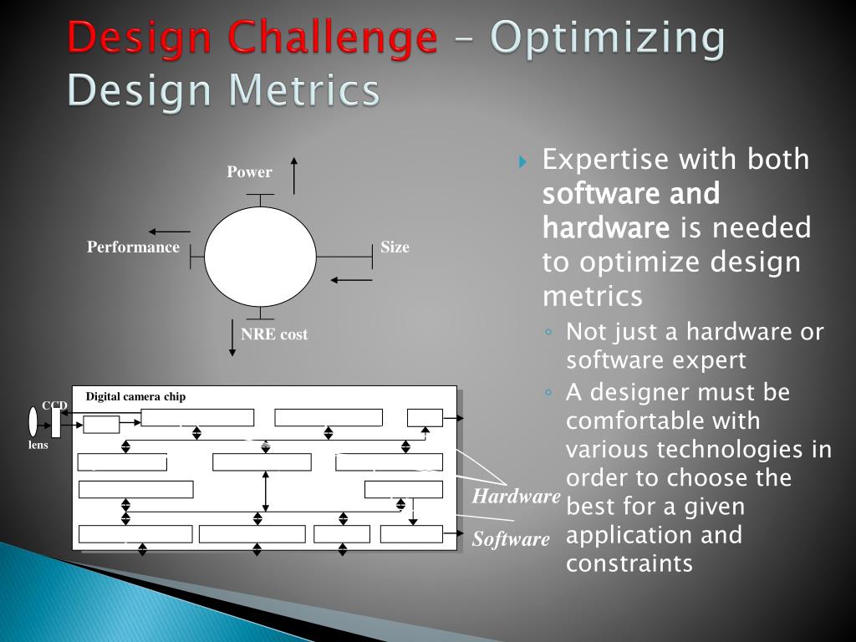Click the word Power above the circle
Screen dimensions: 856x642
pyautogui.click(x=249, y=172)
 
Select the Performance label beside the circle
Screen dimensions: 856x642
pyautogui.click(x=133, y=247)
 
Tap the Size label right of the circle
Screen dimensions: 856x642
pyautogui.click(x=395, y=247)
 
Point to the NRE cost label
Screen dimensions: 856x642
pyautogui.click(x=274, y=334)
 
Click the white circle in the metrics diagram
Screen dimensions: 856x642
pyautogui.click(x=261, y=257)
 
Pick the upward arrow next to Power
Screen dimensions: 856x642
pyautogui.click(x=293, y=175)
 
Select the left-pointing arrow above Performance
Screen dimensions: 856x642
pyautogui.click(x=170, y=232)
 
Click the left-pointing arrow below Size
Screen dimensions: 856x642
pyautogui.click(x=351, y=280)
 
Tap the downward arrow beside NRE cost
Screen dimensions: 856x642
pyautogui.click(x=232, y=338)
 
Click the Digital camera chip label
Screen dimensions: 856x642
pyautogui.click(x=135, y=396)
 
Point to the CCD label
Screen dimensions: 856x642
pyautogui.click(x=54, y=405)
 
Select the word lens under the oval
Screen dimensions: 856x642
pyautogui.click(x=38, y=445)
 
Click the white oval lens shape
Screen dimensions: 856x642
pyautogui.click(x=33, y=421)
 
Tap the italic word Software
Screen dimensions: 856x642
pyautogui.click(x=511, y=539)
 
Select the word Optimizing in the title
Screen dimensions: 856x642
pyautogui.click(x=607, y=38)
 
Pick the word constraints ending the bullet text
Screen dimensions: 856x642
pyautogui.click(x=629, y=563)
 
